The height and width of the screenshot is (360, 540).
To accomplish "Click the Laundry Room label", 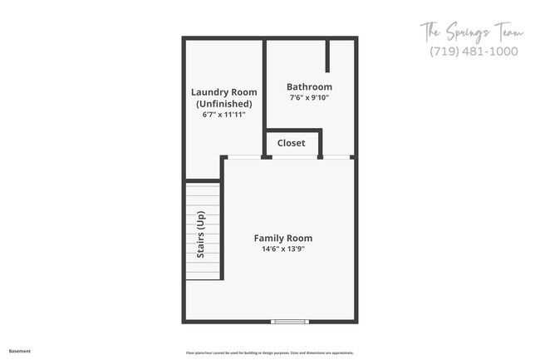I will click(223, 92).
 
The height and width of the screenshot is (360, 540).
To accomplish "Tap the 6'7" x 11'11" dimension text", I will click(223, 116).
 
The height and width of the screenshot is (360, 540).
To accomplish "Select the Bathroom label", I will click(309, 86).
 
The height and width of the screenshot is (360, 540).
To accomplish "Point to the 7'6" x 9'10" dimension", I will click(309, 98).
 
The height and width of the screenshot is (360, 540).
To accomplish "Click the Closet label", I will click(291, 143).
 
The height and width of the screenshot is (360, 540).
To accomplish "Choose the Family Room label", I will click(283, 239).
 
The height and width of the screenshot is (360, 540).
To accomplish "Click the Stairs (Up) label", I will click(200, 235).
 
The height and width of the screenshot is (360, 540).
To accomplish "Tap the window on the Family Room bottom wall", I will click(290, 322).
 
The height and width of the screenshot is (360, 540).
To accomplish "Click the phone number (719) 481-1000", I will click(474, 52).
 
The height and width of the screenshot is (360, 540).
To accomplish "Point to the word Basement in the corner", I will click(20, 352).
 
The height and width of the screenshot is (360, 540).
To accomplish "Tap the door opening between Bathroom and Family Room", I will click(336, 156).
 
